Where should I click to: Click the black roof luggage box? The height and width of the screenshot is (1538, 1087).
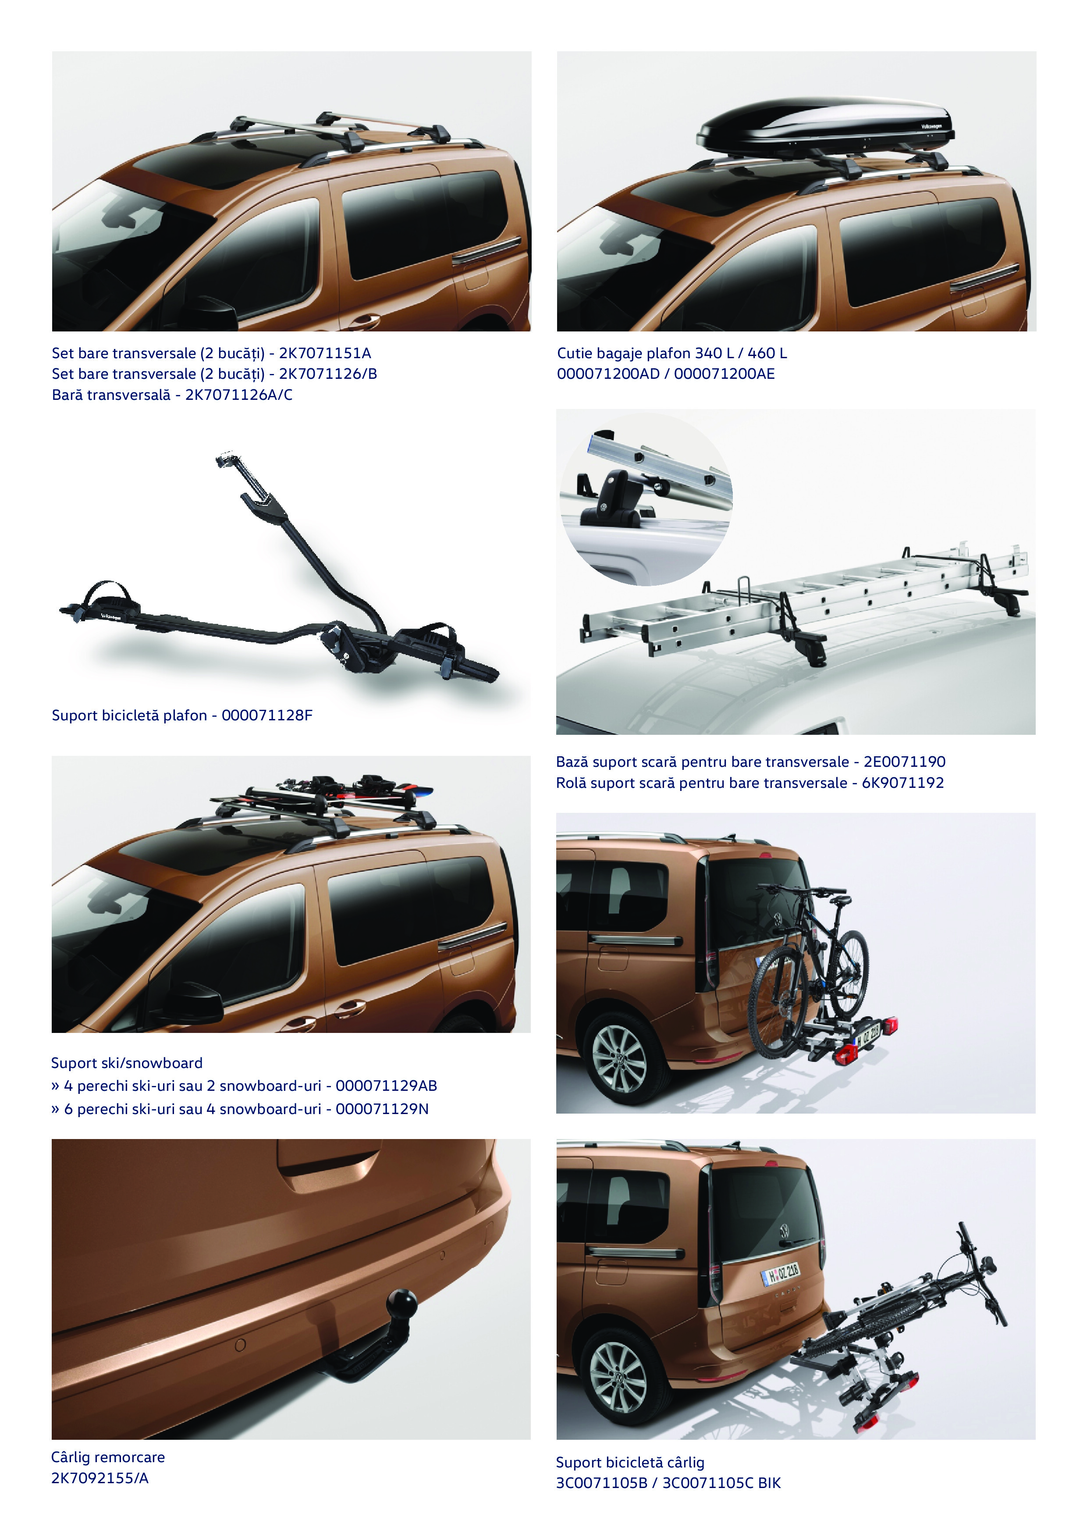[x=825, y=125]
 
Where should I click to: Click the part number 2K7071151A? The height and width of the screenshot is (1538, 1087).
[x=325, y=352]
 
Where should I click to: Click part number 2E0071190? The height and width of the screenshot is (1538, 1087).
[x=904, y=761]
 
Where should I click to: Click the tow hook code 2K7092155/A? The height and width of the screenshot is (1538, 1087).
[x=100, y=1477]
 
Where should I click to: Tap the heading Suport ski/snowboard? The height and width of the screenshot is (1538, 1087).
[x=127, y=1063]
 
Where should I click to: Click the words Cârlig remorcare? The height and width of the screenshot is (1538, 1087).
[x=108, y=1457]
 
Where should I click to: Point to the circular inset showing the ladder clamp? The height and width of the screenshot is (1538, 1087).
[x=646, y=499]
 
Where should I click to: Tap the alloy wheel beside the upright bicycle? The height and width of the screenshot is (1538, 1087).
[x=619, y=1059]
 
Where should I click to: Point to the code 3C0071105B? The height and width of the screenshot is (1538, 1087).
[x=601, y=1483]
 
